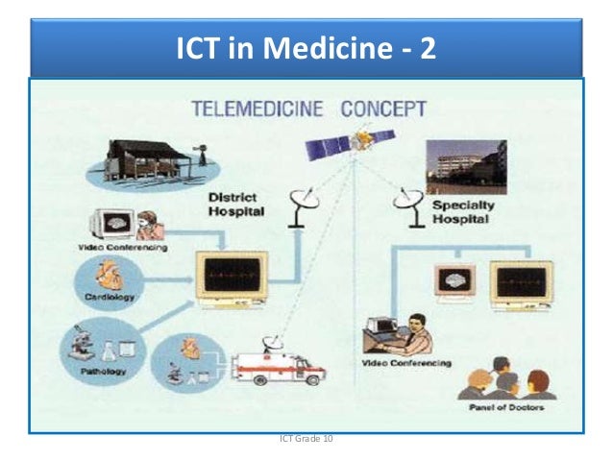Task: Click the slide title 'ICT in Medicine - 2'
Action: (306, 47)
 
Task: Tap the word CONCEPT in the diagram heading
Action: (384, 109)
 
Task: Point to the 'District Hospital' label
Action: (235, 204)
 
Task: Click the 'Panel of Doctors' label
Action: (507, 407)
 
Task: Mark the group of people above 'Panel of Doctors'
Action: (505, 378)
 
